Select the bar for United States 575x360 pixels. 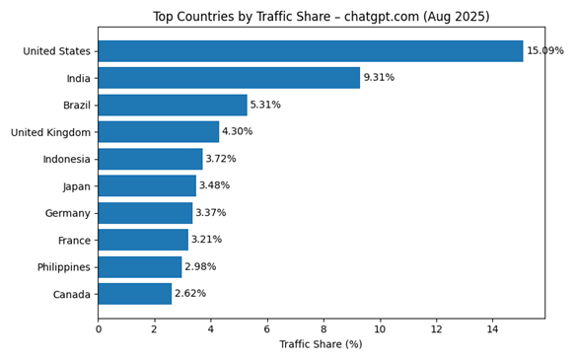click(311, 51)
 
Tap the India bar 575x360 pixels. click(229, 78)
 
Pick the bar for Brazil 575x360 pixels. click(173, 105)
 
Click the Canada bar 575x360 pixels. click(135, 294)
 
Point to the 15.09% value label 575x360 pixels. click(544, 51)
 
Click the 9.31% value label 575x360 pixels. click(379, 78)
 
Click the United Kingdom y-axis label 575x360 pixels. click(50, 132)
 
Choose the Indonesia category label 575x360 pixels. click(66, 159)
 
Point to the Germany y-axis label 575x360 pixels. click(68, 213)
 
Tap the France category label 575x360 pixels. click(74, 240)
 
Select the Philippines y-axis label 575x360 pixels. click(64, 267)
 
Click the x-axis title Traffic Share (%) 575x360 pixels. click(321, 344)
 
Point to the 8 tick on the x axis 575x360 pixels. click(323, 328)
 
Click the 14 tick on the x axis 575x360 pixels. click(492, 328)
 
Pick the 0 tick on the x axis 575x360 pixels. click(98, 328)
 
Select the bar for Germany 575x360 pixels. click(145, 213)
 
